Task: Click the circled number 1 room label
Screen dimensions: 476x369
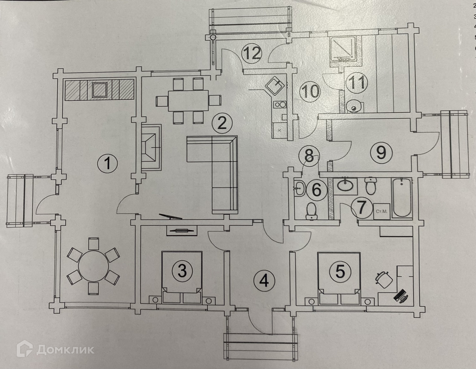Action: pyautogui.click(x=107, y=163)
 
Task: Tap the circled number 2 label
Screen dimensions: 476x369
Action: pyautogui.click(x=222, y=123)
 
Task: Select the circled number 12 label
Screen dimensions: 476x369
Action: pyautogui.click(x=252, y=54)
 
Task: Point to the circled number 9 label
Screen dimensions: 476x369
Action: pyautogui.click(x=381, y=153)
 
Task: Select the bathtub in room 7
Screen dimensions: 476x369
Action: pyautogui.click(x=401, y=197)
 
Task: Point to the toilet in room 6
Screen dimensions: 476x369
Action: pyautogui.click(x=311, y=211)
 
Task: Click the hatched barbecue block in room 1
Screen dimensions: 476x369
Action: pyautogui.click(x=100, y=90)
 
